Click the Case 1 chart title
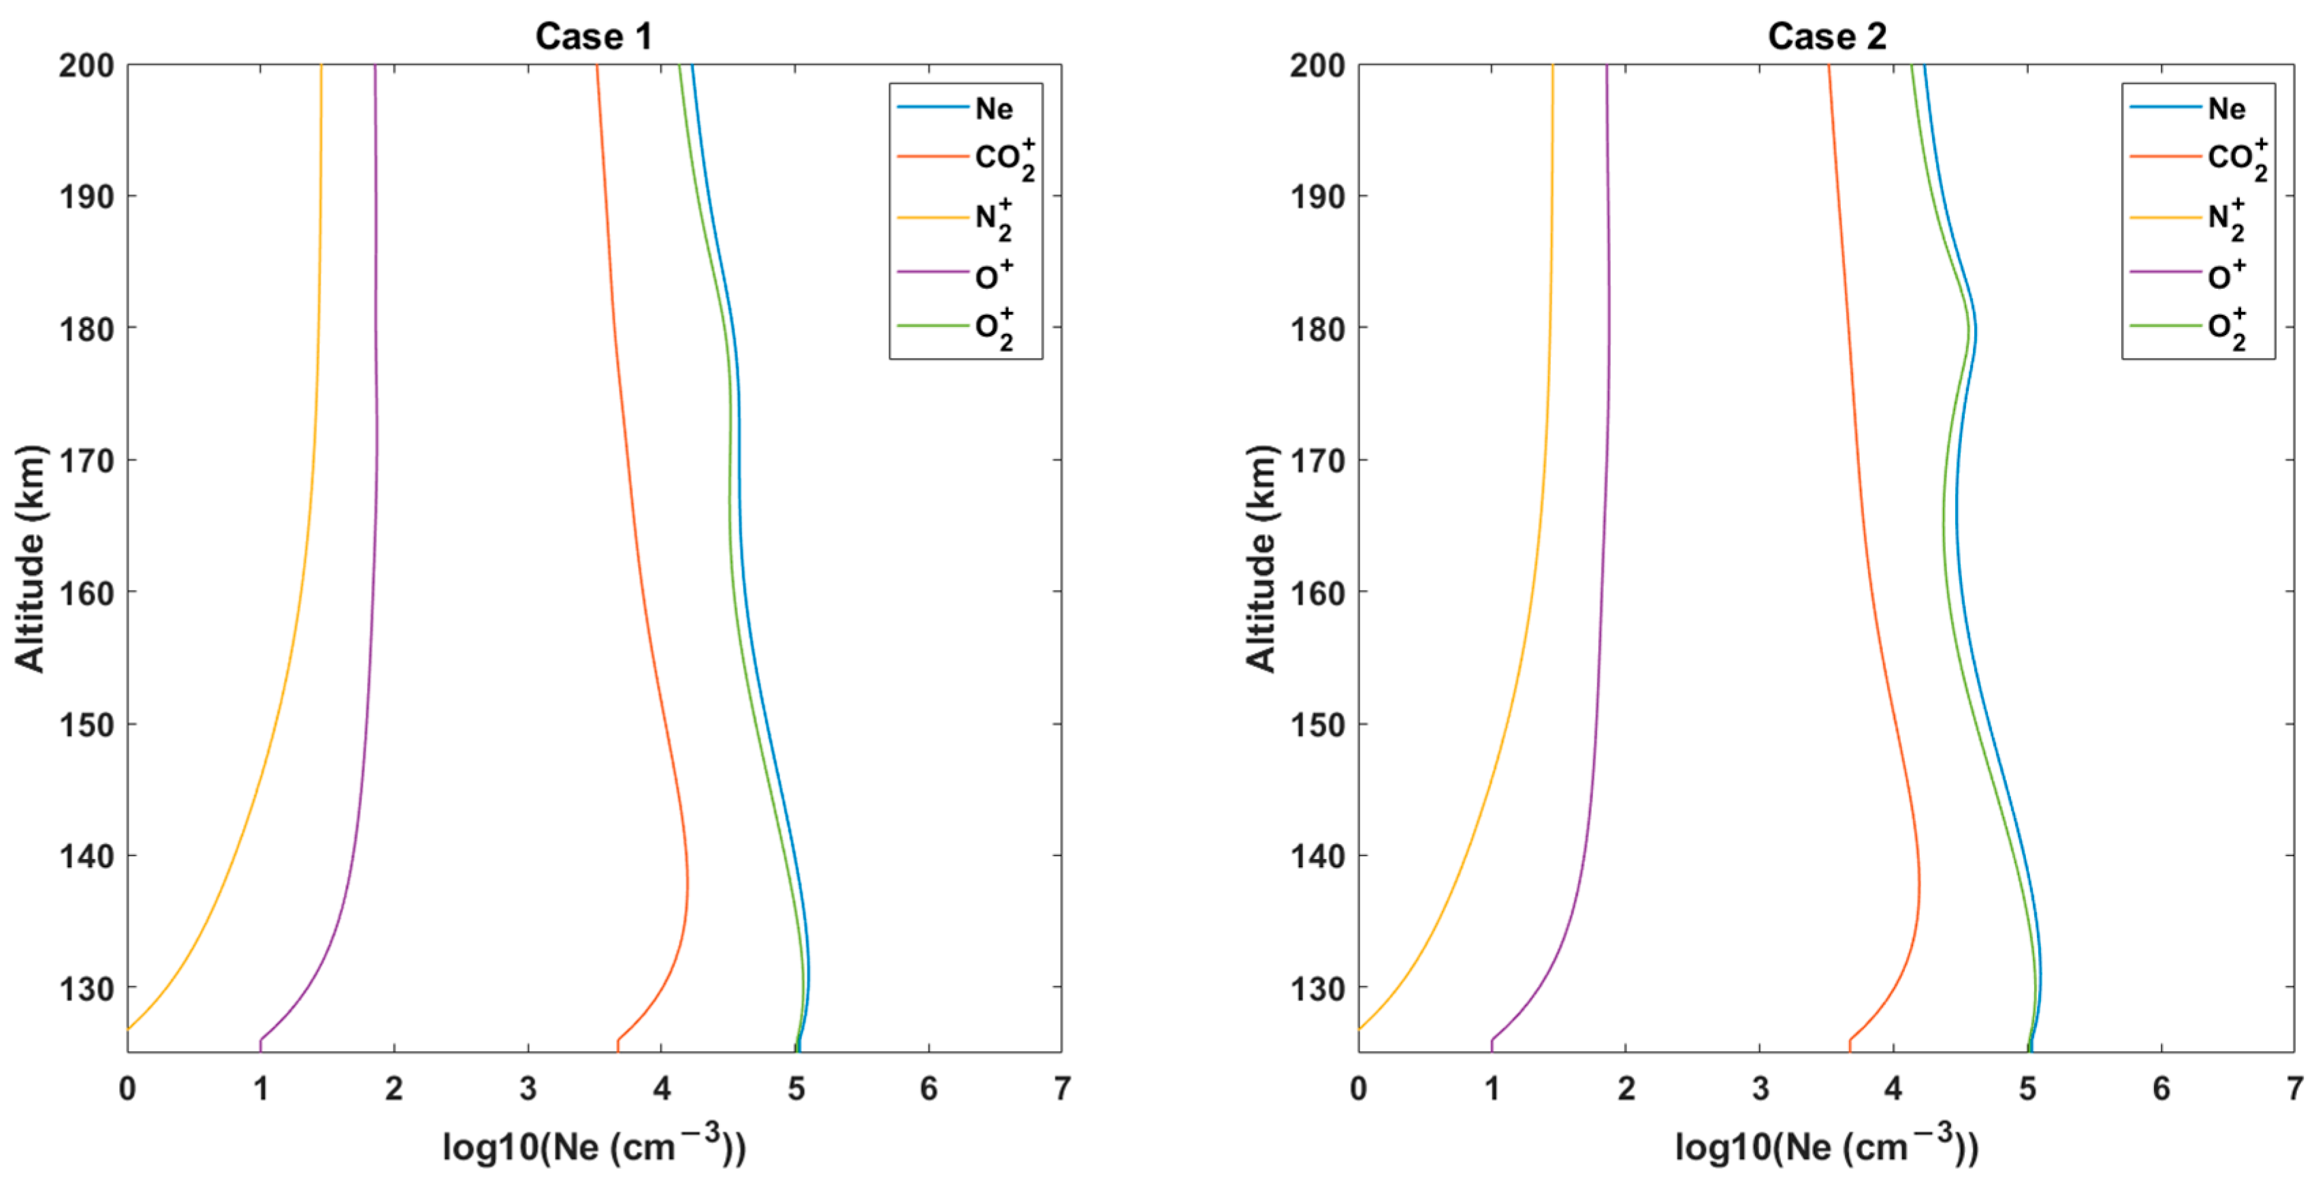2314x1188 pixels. (594, 37)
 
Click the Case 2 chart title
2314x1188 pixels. (1827, 37)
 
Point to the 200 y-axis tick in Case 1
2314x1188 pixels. (87, 65)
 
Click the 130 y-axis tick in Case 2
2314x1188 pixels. (1318, 989)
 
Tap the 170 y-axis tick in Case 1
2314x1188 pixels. (87, 462)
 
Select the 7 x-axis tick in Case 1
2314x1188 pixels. (1062, 1089)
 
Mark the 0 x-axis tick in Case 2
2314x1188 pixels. (1358, 1089)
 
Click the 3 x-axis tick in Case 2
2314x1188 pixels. (1760, 1089)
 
